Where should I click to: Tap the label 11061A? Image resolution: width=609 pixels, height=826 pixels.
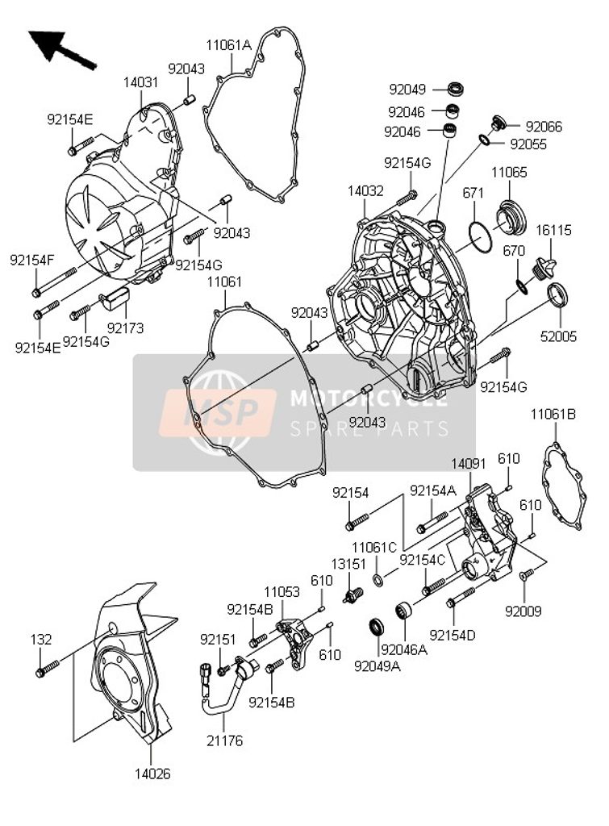coord(228,46)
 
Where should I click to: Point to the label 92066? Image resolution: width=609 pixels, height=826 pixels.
coord(544,127)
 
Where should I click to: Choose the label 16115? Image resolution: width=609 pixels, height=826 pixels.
coord(554,230)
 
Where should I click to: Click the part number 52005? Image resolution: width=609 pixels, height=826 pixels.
coord(558,336)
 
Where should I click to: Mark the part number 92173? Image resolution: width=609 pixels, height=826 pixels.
coord(124,328)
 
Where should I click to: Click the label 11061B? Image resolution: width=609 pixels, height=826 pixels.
coord(553,415)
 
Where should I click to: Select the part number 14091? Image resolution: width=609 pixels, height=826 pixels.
coord(468,465)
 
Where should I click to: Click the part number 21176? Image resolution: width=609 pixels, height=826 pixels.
coord(223,740)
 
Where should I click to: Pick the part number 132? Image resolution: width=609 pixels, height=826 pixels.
coord(41,639)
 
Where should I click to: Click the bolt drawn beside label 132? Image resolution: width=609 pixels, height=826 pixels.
coord(48,668)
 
